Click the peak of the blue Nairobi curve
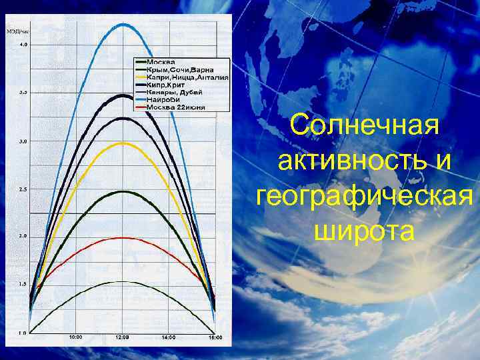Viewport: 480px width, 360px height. pos(123,25)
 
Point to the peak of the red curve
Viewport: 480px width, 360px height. pos(121,238)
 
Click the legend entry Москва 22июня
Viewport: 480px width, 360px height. pos(176,107)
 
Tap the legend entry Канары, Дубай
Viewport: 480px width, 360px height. pos(175,92)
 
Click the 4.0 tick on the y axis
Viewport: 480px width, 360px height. pos(23,45)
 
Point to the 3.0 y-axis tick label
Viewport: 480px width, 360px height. pos(23,141)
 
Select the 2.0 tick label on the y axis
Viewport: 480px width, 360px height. pos(23,237)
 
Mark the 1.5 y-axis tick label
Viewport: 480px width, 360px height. pos(23,284)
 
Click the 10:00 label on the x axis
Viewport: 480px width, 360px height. pos(76,337)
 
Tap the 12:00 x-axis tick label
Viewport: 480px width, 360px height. pos(123,337)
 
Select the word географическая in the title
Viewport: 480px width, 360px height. pos(365,197)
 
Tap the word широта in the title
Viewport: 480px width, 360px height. pos(364,232)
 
